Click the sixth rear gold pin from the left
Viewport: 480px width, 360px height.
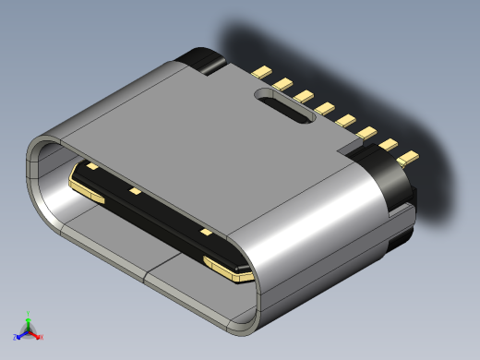pyautogui.click(x=366, y=134)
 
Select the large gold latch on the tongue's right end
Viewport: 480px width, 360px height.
pyautogui.click(x=227, y=270)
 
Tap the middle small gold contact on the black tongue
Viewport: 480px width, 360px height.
pyautogui.click(x=136, y=192)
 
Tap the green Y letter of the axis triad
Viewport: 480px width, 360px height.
pyautogui.click(x=29, y=314)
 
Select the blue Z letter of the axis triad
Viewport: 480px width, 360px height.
pyautogui.click(x=15, y=337)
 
